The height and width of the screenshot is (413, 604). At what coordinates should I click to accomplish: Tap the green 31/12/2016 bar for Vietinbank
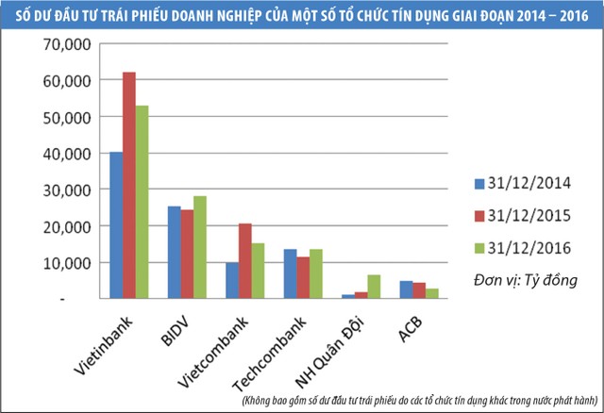(143, 202)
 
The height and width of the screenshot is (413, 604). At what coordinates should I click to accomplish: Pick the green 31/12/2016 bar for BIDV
(199, 247)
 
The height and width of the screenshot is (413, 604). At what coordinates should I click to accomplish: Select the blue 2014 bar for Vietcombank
(232, 280)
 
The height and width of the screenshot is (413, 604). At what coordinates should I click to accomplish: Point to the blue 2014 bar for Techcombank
(290, 273)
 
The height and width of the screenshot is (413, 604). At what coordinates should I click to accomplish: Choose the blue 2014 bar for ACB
(405, 289)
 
